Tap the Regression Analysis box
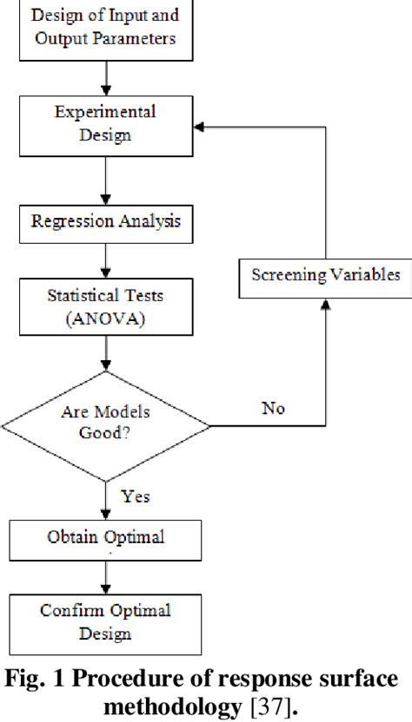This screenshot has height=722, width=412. (104, 220)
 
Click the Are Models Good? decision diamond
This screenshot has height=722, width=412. (104, 425)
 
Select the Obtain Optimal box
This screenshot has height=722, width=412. (104, 538)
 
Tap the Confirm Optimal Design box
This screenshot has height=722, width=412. (104, 620)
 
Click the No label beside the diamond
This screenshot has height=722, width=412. (273, 409)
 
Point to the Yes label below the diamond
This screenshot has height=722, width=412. (135, 496)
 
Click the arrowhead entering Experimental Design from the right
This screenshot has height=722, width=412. (200, 128)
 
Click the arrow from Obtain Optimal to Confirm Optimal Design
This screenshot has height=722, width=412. (104, 577)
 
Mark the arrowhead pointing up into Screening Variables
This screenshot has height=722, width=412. (326, 303)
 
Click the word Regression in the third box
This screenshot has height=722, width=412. (74, 220)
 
